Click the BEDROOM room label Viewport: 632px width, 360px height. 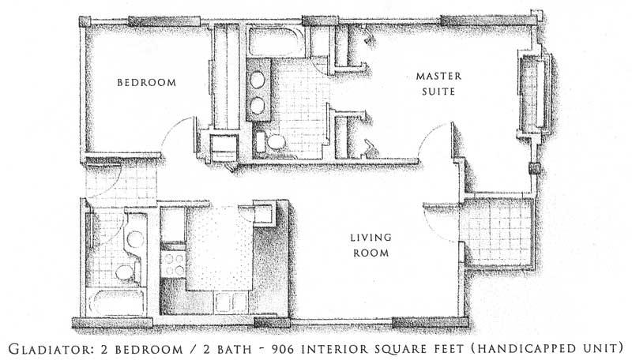[147, 83]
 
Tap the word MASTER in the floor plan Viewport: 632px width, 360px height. [438, 76]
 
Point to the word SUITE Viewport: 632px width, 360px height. [438, 92]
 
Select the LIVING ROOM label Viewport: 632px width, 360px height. [371, 246]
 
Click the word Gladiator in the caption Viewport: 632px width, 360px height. [51, 348]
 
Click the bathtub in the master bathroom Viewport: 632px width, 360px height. [275, 42]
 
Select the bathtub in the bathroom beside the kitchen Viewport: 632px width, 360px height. [116, 302]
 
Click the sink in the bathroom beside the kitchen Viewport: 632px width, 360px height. [135, 239]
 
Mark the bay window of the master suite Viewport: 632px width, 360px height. [535, 92]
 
